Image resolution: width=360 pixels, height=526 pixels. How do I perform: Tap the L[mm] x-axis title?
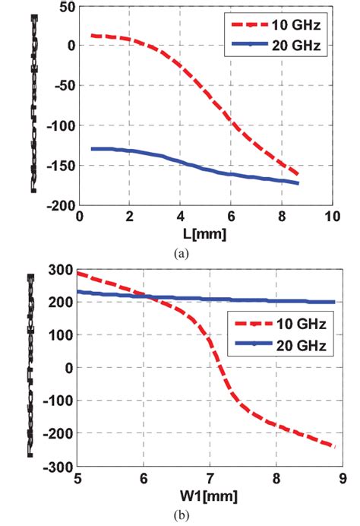pos(207,234)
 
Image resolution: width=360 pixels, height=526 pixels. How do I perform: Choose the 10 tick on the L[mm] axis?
pos(331,217)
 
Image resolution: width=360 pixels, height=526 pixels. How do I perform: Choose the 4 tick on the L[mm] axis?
pos(181,217)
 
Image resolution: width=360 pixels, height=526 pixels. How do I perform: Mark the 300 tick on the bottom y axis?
pos(62,270)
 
